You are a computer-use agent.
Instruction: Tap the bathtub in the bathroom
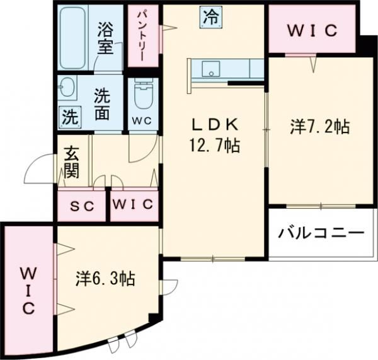[76, 38]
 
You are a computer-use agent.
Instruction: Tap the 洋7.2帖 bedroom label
[319, 127]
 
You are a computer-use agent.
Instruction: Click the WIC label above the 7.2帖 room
[312, 30]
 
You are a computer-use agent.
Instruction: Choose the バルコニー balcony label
[322, 233]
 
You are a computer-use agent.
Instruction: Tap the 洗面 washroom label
[105, 105]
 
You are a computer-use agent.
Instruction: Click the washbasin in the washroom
[69, 88]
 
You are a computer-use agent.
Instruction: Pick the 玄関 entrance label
[70, 162]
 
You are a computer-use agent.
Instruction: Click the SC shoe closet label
[82, 206]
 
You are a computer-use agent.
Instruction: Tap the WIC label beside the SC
[134, 205]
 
